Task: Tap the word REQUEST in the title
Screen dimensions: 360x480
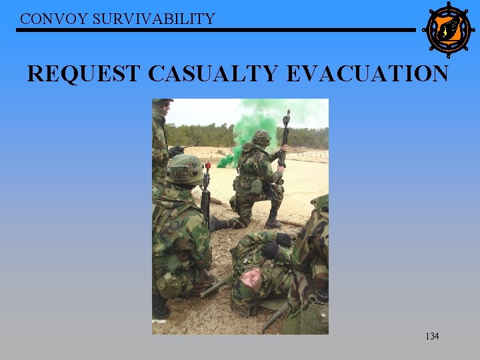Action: pyautogui.click(x=84, y=73)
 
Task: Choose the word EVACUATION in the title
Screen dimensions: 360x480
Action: pyautogui.click(x=367, y=73)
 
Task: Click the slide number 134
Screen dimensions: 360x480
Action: pyautogui.click(x=432, y=336)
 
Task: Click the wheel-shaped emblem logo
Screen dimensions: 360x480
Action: pyautogui.click(x=448, y=29)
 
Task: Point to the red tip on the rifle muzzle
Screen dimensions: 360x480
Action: pyautogui.click(x=207, y=165)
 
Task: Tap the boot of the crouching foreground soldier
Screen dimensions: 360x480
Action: pyautogui.click(x=161, y=308)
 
